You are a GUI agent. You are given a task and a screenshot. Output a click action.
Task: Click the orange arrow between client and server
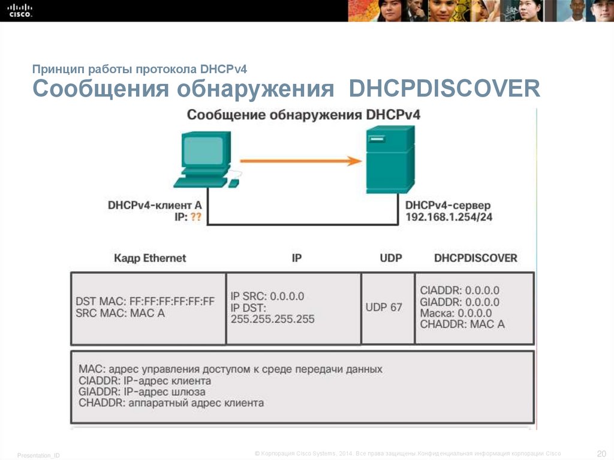click(x=300, y=161)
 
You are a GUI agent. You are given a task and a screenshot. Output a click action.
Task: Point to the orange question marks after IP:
click(x=196, y=217)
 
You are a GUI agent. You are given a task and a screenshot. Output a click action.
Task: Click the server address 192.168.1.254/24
click(x=449, y=217)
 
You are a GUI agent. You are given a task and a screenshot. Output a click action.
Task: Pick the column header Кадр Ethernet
click(x=150, y=258)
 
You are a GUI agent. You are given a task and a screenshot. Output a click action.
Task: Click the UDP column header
click(x=391, y=258)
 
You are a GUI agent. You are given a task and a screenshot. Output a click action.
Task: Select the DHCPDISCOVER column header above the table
click(x=475, y=258)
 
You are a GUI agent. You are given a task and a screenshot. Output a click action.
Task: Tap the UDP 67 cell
click(x=384, y=307)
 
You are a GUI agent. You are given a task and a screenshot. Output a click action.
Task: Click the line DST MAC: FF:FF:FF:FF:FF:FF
click(x=145, y=302)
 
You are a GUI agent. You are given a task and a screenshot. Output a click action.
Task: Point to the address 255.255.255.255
click(x=272, y=319)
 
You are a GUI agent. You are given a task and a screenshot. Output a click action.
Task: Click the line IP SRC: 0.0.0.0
click(x=267, y=296)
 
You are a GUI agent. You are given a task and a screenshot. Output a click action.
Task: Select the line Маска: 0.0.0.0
click(x=456, y=313)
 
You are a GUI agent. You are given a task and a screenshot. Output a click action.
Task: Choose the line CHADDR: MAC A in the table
click(x=462, y=324)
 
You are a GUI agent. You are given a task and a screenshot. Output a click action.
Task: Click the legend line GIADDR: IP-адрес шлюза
click(x=142, y=392)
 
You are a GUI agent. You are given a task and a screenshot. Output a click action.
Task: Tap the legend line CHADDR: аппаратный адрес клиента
click(x=171, y=403)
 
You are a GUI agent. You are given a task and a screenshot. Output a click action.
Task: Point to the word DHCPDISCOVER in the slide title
click(x=445, y=89)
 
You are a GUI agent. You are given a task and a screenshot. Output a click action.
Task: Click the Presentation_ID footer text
click(x=38, y=456)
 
